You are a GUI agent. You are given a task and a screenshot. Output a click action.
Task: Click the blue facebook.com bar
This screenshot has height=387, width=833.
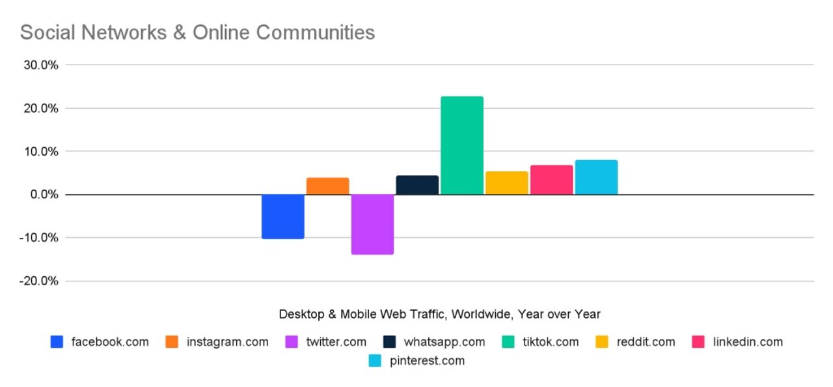pyautogui.click(x=282, y=216)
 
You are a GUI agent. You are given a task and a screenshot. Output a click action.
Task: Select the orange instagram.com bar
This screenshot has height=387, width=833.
pyautogui.click(x=327, y=186)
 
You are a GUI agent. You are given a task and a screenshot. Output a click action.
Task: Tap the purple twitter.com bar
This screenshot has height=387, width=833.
pyautogui.click(x=372, y=224)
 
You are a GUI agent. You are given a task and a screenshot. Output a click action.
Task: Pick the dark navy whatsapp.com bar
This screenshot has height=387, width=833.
pyautogui.click(x=417, y=185)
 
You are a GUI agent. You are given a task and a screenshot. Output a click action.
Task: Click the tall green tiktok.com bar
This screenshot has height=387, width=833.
pyautogui.click(x=462, y=145)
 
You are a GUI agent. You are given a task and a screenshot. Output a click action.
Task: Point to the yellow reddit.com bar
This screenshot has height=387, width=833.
pyautogui.click(x=506, y=183)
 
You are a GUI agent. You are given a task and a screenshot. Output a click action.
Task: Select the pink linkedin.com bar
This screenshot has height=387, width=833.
pyautogui.click(x=551, y=180)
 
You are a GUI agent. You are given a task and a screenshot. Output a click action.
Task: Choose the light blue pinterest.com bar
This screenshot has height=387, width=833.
pyautogui.click(x=596, y=177)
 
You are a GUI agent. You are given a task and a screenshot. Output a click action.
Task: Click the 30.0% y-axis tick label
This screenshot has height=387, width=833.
pyautogui.click(x=40, y=65)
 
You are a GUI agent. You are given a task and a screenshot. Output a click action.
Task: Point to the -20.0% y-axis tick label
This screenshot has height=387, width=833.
pyautogui.click(x=39, y=281)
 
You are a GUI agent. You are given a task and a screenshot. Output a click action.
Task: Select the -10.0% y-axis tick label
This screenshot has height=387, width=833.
pyautogui.click(x=39, y=238)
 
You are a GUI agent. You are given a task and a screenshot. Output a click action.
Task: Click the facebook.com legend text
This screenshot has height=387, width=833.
pyautogui.click(x=110, y=342)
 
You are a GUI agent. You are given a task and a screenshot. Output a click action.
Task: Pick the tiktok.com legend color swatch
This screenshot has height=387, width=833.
pyautogui.click(x=510, y=342)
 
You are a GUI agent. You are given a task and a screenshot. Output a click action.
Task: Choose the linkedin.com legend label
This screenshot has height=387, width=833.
pyautogui.click(x=748, y=342)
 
